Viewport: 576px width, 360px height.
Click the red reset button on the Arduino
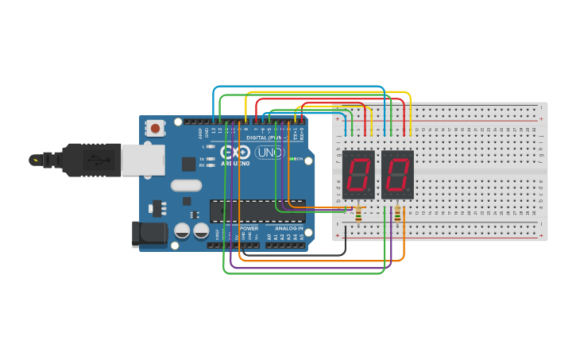(x=156, y=128)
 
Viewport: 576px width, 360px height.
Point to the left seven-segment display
(x=358, y=174)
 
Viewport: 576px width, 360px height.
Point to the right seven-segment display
(x=397, y=174)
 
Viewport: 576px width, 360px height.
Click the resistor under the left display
(x=358, y=214)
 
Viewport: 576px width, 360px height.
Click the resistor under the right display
(x=397, y=214)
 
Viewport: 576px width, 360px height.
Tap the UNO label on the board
(x=270, y=153)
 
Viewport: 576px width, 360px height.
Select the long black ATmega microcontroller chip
(x=257, y=211)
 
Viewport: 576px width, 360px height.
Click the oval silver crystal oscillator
(x=187, y=186)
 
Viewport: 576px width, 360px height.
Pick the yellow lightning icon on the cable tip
(x=34, y=160)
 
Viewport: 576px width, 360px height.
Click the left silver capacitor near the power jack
(x=182, y=231)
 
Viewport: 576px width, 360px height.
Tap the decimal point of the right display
(x=412, y=195)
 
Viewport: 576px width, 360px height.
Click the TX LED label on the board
(x=202, y=159)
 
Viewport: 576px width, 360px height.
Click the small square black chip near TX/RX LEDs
(x=188, y=164)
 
